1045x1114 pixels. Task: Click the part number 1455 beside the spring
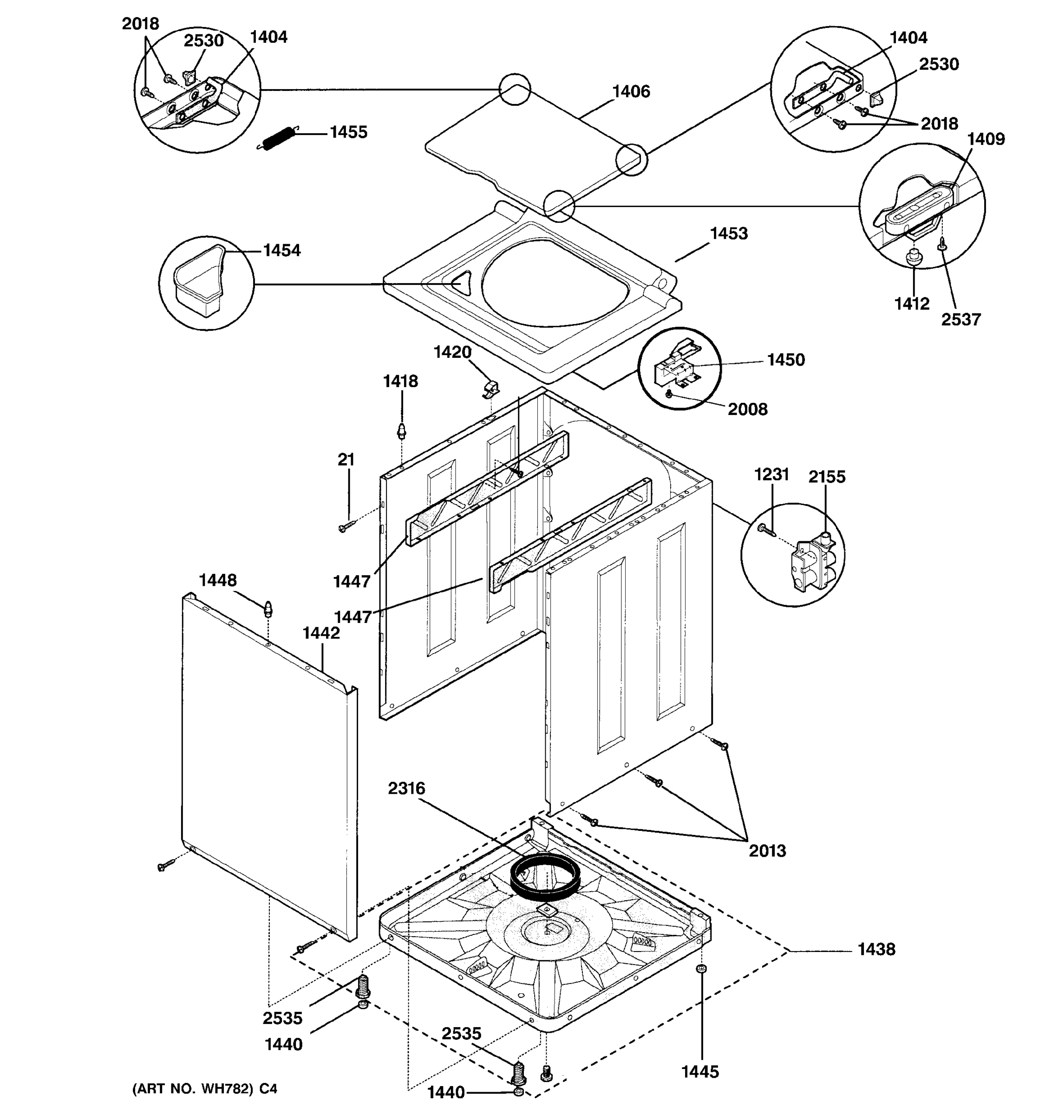point(348,132)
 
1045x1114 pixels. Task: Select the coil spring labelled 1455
point(279,138)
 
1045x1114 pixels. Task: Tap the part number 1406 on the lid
point(631,91)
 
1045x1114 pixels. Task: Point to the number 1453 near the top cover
point(728,233)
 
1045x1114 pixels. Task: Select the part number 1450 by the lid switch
point(785,360)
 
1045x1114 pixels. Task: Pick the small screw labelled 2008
point(669,395)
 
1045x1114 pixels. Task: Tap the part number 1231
point(771,475)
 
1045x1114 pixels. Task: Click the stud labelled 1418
point(401,431)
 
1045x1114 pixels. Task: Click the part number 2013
point(767,851)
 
